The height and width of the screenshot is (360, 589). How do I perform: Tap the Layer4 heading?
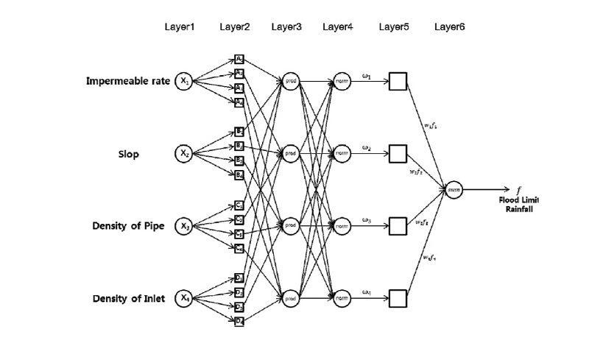point(337,27)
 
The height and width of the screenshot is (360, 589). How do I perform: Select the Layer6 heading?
point(449,27)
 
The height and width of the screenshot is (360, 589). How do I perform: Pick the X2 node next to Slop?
point(183,153)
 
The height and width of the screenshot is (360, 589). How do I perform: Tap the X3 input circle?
point(183,225)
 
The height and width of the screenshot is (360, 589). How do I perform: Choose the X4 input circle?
point(183,297)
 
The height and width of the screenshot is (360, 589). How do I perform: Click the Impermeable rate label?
point(128,81)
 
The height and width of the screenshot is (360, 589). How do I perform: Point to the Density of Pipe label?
point(129,225)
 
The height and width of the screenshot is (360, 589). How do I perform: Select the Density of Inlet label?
point(129,298)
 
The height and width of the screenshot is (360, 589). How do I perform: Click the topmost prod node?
point(290,81)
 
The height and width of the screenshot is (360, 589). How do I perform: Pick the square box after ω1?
point(398,81)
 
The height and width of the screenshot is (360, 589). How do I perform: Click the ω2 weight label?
point(366,147)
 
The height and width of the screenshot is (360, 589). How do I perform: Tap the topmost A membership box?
point(239,60)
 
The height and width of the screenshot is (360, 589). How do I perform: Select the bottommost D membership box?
point(239,320)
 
